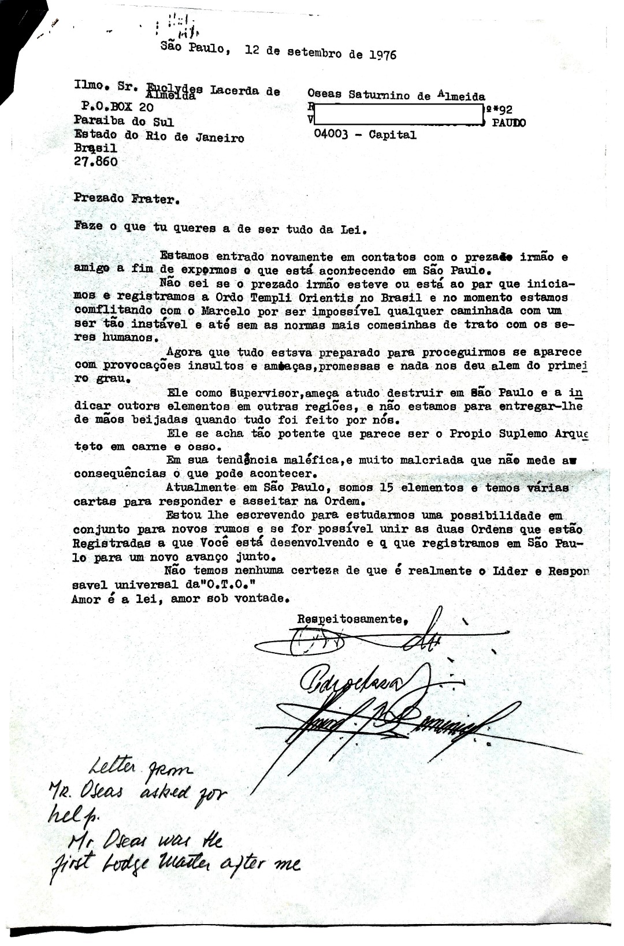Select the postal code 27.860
pos(96,162)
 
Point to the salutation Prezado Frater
pos(127,199)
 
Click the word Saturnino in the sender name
pos(381,95)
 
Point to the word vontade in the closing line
pos(257,598)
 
